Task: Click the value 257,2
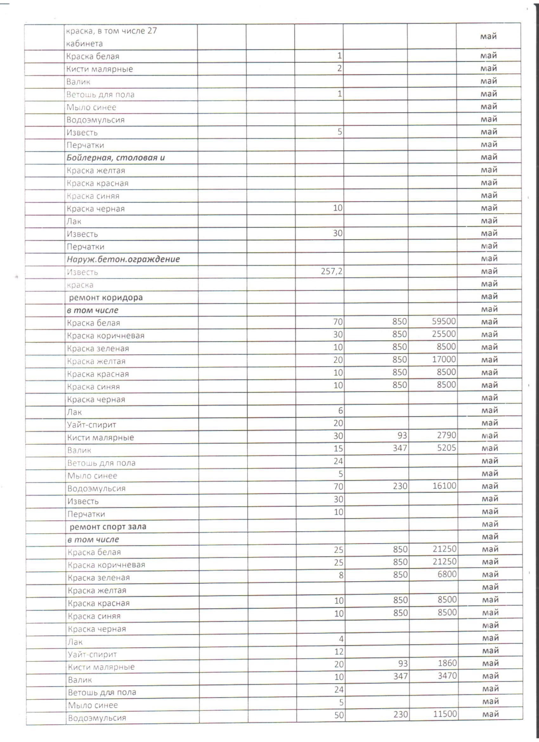tap(331, 271)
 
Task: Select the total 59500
tap(444, 321)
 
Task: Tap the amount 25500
tap(444, 334)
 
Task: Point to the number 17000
tap(444, 359)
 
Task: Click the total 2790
tap(446, 436)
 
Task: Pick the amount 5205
tap(446, 448)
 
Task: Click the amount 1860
tap(447, 663)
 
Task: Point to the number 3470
tap(447, 676)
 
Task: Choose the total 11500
tap(445, 714)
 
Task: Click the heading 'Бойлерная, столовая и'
tap(115, 158)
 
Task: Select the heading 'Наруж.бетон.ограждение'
tap(123, 259)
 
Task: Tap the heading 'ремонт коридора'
tap(106, 298)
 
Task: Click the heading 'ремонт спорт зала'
tap(107, 527)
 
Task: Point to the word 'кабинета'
tap(84, 43)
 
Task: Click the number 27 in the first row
tap(152, 31)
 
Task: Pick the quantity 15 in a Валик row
tap(338, 449)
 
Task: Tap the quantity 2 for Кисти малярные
tap(340, 69)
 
